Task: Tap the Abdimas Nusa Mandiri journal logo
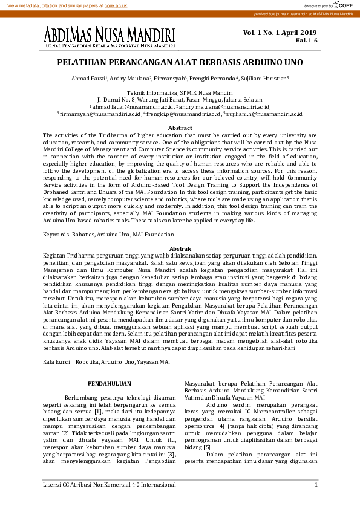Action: click(110, 37)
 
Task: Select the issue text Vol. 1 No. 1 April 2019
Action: click(280, 32)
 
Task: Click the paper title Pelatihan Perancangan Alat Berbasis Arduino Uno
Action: click(180, 62)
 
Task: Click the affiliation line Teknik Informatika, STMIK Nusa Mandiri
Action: click(180, 92)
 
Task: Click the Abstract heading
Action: click(180, 128)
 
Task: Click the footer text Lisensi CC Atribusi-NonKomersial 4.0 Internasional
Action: click(110, 485)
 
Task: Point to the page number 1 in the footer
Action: click(316, 485)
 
